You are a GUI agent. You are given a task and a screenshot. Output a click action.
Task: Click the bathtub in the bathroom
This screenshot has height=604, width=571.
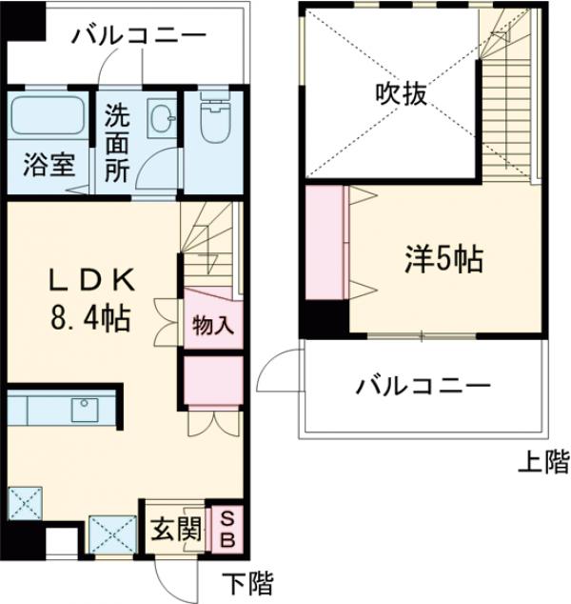click(49, 119)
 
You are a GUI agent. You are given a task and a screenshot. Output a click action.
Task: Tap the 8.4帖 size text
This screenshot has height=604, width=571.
click(91, 315)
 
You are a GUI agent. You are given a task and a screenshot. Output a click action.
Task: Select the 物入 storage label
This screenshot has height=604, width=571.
click(212, 324)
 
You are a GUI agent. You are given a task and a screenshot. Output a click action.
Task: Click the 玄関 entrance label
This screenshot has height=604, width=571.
click(172, 529)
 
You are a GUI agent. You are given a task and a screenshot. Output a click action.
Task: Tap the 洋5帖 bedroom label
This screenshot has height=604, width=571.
click(440, 257)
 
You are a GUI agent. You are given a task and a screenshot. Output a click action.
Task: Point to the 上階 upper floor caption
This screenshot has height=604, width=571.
click(543, 463)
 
